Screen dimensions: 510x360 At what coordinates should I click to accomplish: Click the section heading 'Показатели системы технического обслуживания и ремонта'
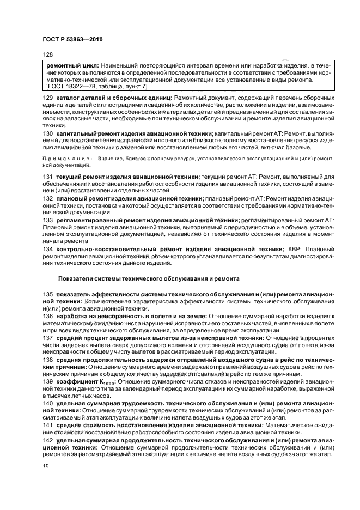pyautogui.click(x=148, y=278)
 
